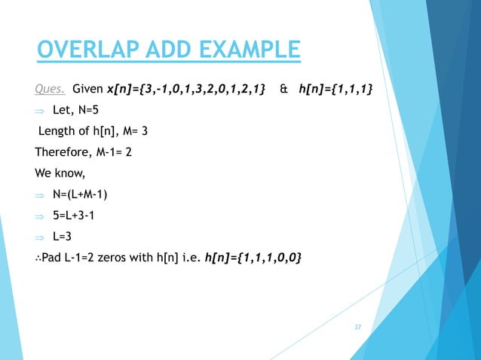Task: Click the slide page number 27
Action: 358,327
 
